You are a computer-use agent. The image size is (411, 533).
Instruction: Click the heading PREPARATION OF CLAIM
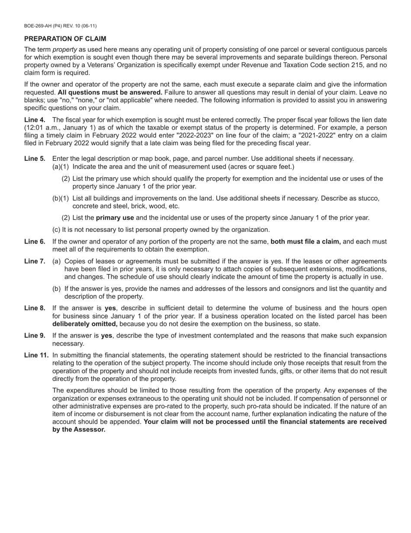(x=65, y=39)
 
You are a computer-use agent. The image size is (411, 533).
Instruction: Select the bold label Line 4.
(x=35, y=120)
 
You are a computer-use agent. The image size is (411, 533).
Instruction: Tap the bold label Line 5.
(x=35, y=159)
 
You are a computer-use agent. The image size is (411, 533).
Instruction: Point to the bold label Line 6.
(x=35, y=242)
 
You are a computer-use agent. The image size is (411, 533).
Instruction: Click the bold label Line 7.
(x=35, y=261)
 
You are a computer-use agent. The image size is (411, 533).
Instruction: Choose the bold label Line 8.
(x=35, y=308)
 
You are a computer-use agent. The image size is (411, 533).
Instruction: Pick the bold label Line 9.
(x=35, y=335)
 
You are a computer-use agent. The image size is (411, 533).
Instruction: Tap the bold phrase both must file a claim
(x=305, y=242)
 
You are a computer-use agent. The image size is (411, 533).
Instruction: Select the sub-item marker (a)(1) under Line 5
(x=61, y=167)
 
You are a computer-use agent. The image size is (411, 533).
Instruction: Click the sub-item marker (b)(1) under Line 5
(x=61, y=198)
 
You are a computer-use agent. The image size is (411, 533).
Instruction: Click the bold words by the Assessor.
(x=79, y=429)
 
